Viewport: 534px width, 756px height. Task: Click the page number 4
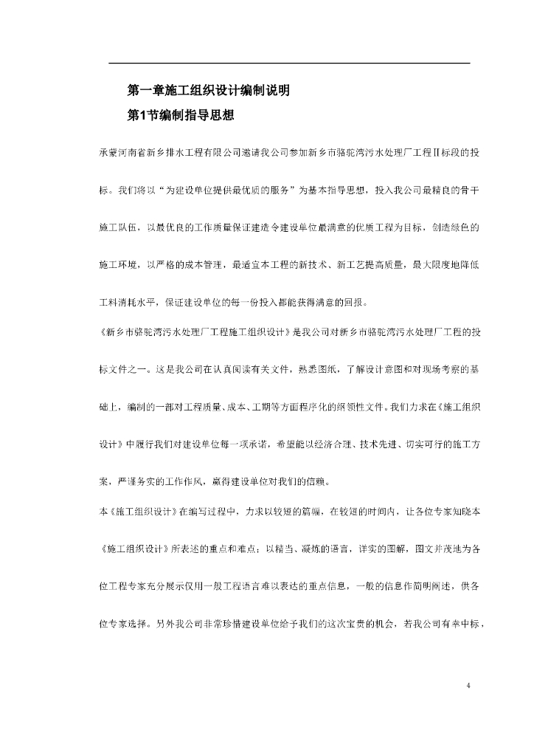coord(468,686)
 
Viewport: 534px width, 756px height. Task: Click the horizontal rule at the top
coord(289,63)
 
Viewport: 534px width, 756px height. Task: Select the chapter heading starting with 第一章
coord(208,92)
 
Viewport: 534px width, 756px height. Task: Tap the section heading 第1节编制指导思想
coord(181,115)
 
